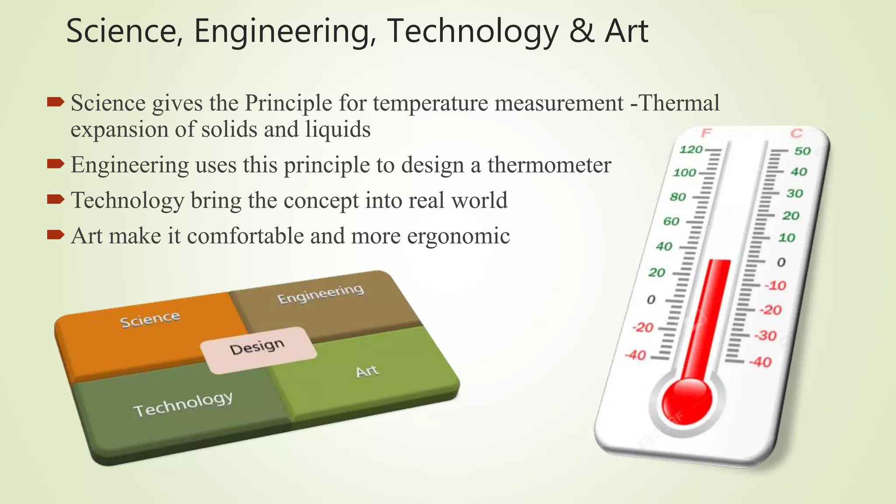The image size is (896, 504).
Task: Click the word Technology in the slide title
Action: click(472, 31)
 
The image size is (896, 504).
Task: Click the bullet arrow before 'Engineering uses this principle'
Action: click(56, 164)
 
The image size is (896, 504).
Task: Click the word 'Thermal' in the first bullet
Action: click(679, 103)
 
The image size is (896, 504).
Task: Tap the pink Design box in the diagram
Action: click(258, 349)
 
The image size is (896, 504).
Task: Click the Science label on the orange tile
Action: click(150, 320)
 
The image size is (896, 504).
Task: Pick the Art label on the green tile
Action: click(367, 372)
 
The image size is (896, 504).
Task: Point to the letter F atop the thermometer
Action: click(706, 133)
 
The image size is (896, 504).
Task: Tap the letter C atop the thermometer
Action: click(796, 133)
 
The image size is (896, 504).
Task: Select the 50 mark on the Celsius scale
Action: click(802, 151)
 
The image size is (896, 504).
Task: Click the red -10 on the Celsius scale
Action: click(775, 286)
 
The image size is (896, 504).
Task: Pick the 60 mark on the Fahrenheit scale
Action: click(671, 221)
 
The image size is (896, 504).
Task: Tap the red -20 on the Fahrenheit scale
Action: click(642, 328)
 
